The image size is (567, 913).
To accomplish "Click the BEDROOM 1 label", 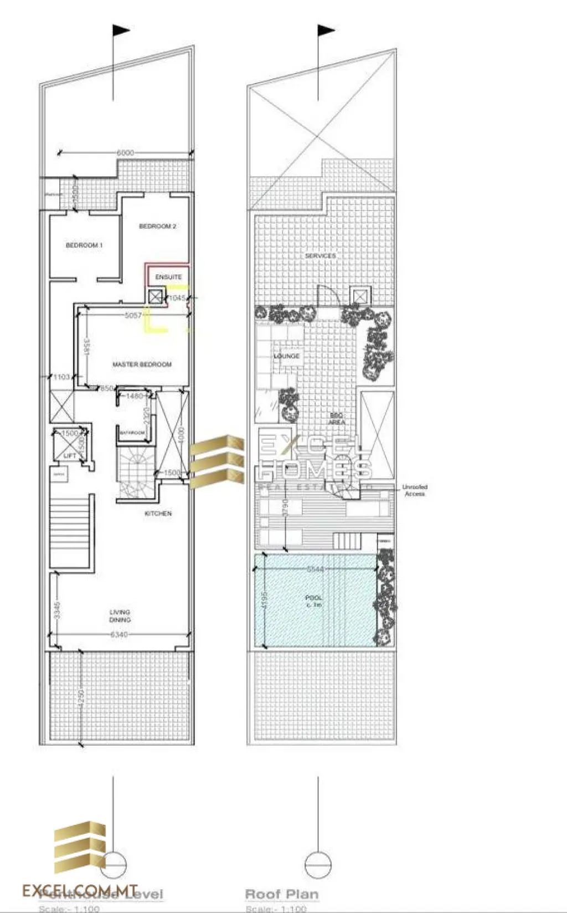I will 84,245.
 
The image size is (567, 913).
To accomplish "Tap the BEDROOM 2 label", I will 157,226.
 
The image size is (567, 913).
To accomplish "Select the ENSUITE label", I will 168,276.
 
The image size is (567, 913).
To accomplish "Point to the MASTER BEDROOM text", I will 142,364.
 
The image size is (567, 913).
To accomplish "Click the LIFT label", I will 70,455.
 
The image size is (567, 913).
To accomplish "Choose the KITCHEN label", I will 158,514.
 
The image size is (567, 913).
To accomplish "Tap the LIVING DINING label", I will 120,615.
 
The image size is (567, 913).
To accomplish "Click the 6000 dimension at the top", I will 125,152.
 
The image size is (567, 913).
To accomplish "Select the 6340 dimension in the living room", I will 119,634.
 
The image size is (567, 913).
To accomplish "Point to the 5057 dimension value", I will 133,315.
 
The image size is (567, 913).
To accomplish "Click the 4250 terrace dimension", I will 82,697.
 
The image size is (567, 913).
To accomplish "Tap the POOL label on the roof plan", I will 314,601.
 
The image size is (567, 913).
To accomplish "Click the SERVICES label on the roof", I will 321,255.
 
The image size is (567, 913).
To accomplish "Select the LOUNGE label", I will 286,356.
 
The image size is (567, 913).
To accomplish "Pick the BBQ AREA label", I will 337,418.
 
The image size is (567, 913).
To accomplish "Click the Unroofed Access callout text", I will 415,490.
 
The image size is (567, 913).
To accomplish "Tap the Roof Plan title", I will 281,894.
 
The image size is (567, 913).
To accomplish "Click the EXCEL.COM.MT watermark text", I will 80,890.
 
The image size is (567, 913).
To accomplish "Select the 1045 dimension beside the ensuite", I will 177,298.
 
